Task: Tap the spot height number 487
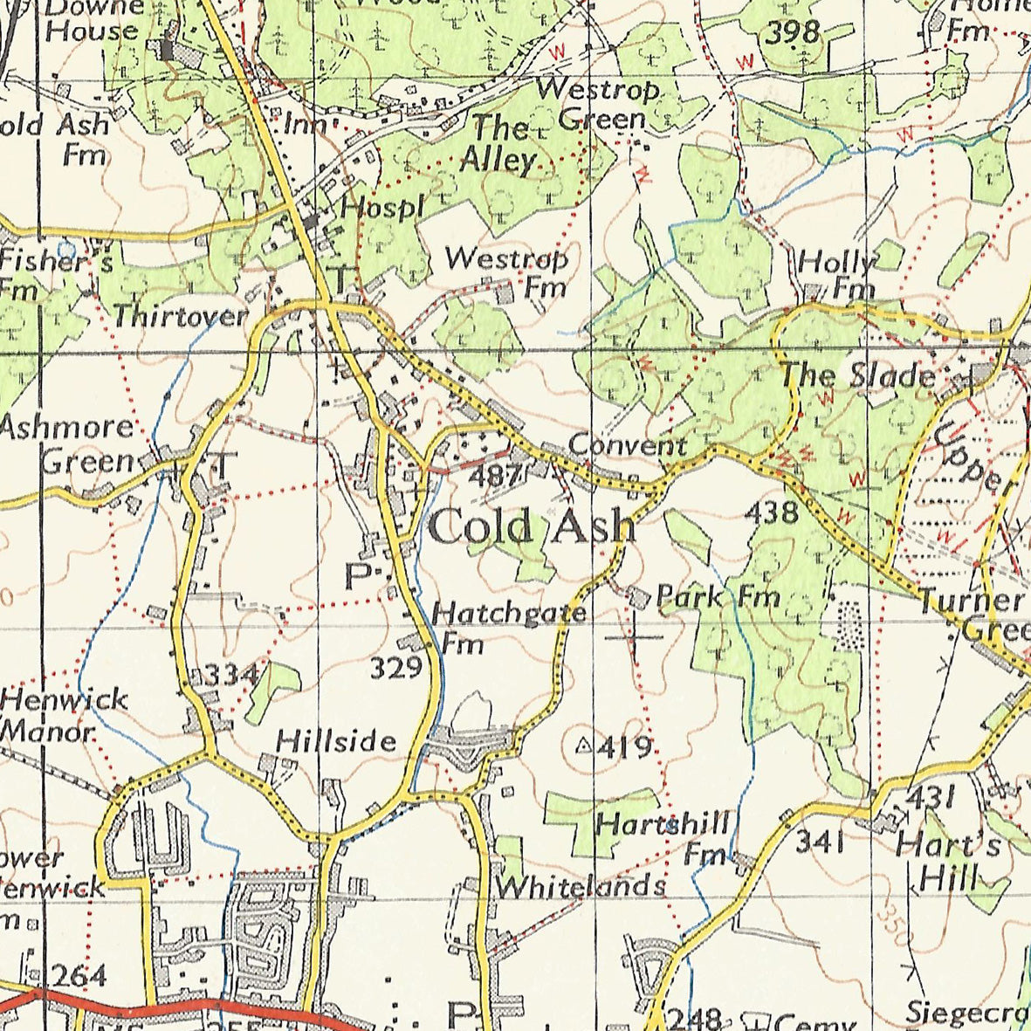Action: (498, 476)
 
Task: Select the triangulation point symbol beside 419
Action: (585, 746)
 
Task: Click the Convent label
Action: (627, 445)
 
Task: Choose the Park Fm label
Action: (718, 597)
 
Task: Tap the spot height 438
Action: (772, 512)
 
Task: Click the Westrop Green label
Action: (598, 103)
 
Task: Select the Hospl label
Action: (381, 207)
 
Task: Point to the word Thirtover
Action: (181, 315)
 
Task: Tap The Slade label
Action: (856, 375)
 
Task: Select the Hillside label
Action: (336, 741)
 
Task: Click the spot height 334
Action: (231, 674)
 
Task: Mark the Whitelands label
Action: (580, 886)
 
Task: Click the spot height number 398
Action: (794, 32)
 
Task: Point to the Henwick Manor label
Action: (63, 713)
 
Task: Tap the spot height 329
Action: (396, 668)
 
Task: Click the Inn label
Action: (304, 125)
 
